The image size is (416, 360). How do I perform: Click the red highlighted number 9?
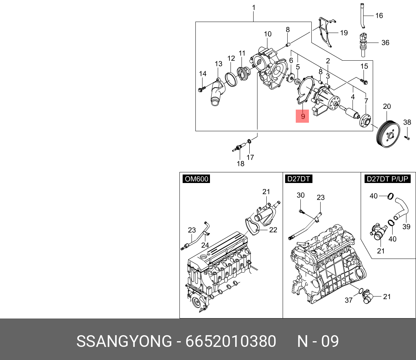(303, 116)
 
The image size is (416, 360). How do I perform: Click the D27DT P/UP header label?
(387, 179)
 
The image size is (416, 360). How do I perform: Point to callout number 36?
(385, 43)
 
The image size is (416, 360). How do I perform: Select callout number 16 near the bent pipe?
(379, 16)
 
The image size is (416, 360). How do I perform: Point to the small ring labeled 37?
(360, 292)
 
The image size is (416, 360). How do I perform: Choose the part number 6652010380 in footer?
(231, 342)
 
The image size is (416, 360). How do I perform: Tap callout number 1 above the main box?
(254, 7)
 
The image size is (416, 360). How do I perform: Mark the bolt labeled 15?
(365, 82)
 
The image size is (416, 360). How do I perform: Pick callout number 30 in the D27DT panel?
(300, 195)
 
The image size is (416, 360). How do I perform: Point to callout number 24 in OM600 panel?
(205, 245)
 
